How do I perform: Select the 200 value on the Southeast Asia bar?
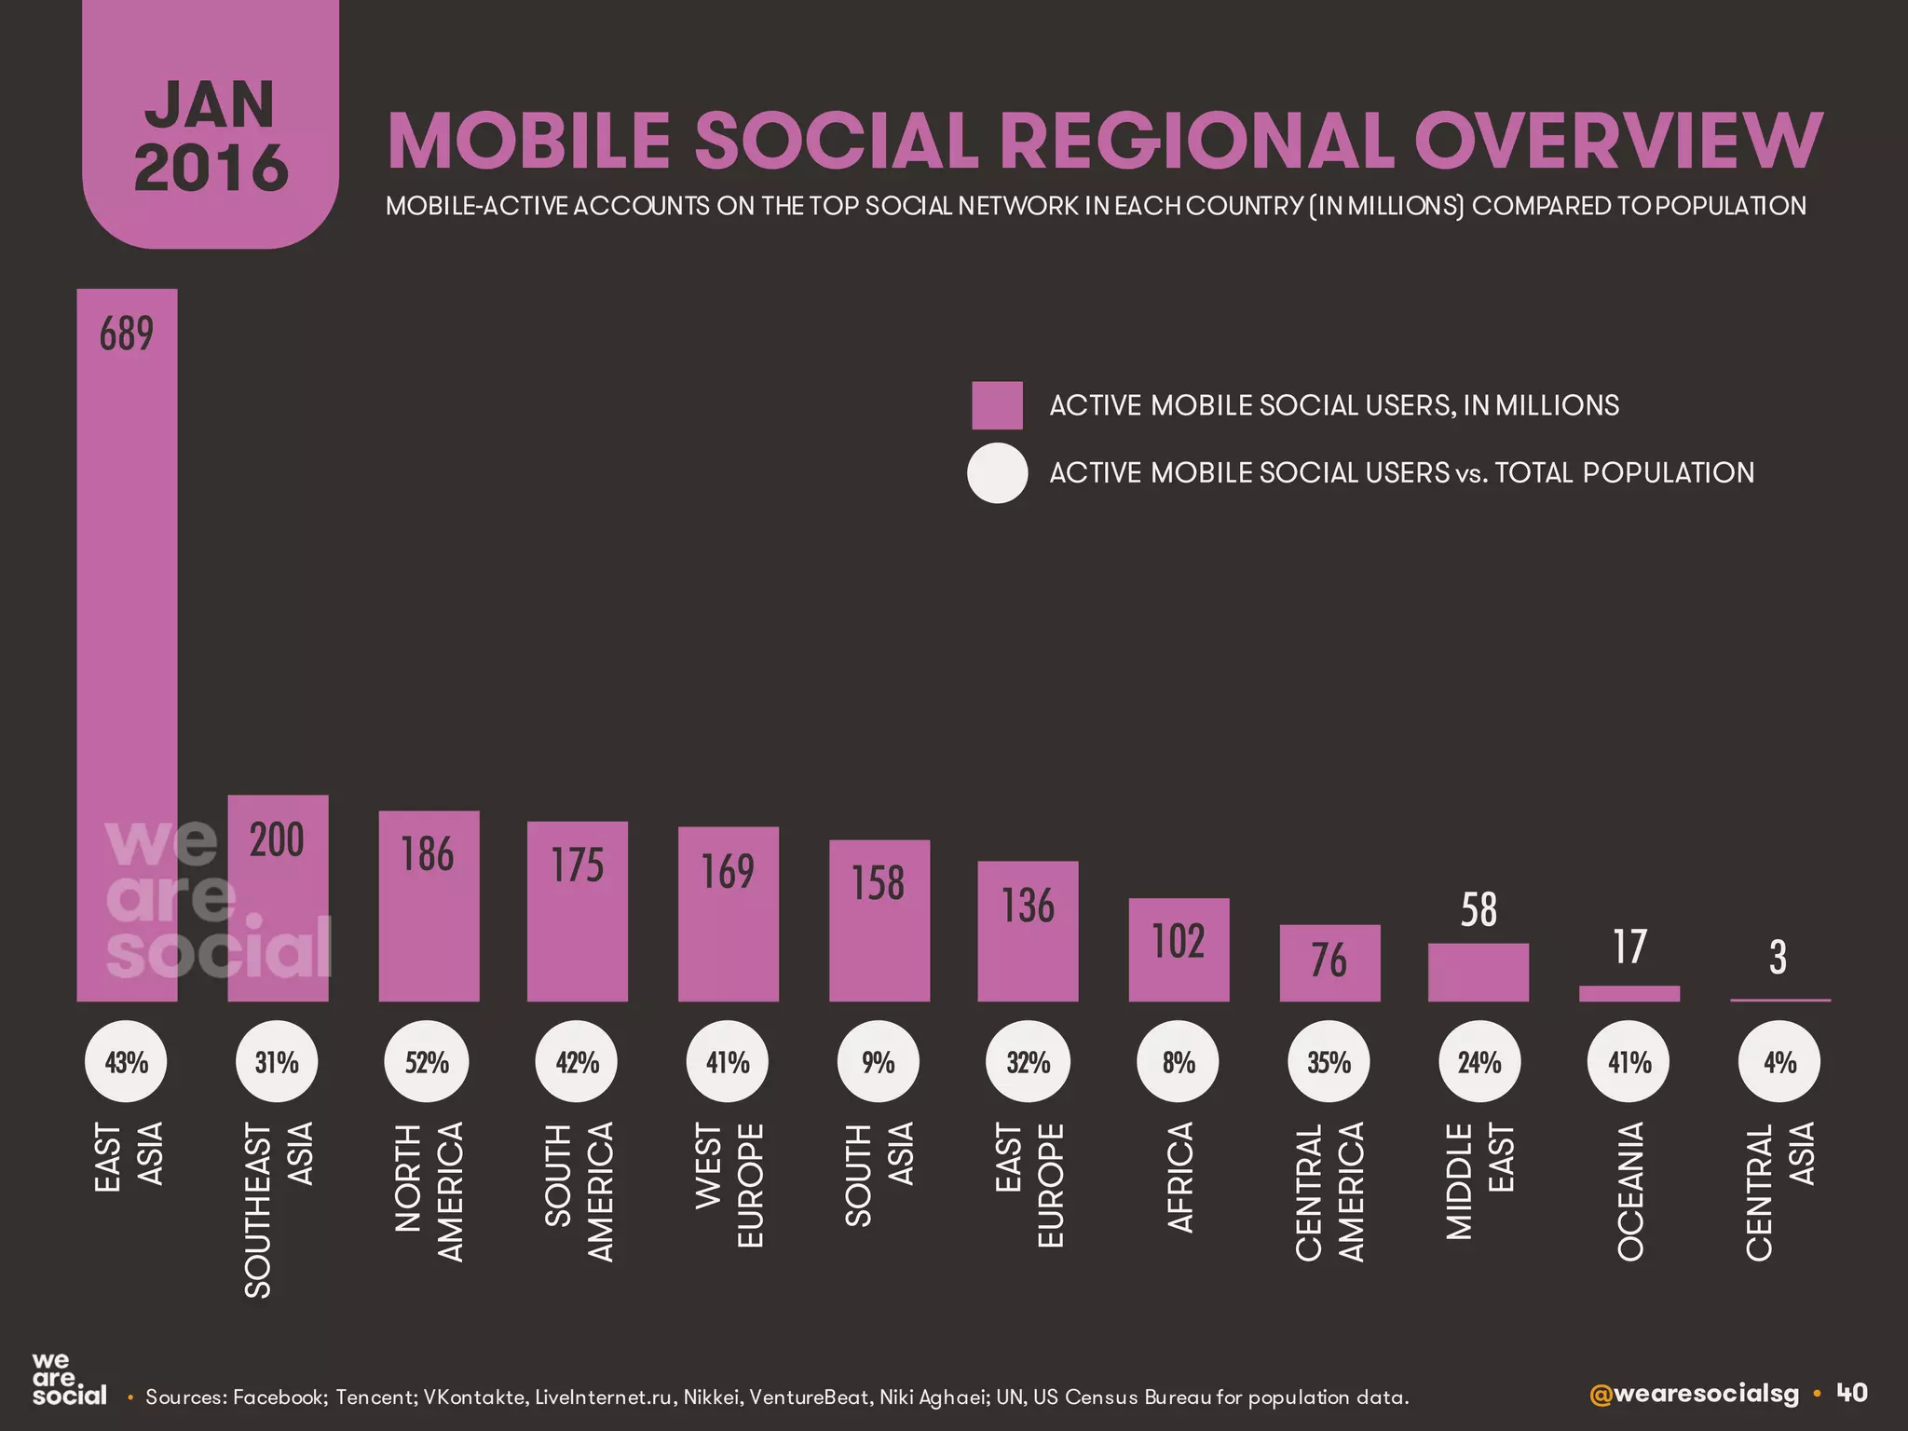click(x=277, y=840)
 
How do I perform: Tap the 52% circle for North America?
click(x=427, y=1062)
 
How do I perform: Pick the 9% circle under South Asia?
click(x=878, y=1062)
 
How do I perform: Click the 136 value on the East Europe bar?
click(x=1028, y=906)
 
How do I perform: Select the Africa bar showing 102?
click(x=1179, y=950)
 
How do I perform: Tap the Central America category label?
click(x=1329, y=1192)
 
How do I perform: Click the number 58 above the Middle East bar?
click(x=1479, y=910)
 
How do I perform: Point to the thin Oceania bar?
click(x=1629, y=993)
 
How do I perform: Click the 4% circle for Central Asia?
click(x=1779, y=1062)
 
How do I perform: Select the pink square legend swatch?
click(x=997, y=405)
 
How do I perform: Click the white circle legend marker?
click(x=997, y=473)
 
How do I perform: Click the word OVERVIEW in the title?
click(x=1618, y=142)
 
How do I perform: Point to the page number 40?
click(x=1852, y=1393)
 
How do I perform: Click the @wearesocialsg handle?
click(x=1694, y=1394)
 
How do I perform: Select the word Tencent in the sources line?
click(x=375, y=1397)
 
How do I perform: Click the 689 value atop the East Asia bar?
click(x=127, y=334)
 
